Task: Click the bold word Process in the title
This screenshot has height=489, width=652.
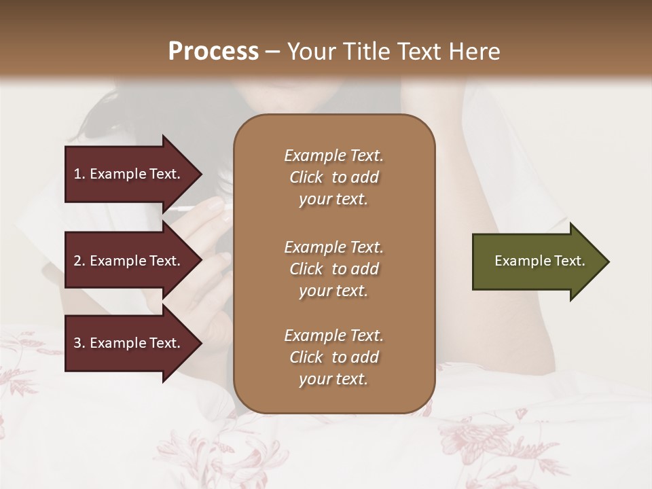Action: (213, 52)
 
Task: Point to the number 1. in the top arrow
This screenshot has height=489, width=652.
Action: (79, 174)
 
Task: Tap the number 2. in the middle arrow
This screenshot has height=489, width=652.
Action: (79, 261)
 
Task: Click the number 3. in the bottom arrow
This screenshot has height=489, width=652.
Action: (79, 343)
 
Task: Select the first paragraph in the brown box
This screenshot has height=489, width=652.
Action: (333, 177)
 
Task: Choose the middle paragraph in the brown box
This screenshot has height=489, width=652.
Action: (333, 269)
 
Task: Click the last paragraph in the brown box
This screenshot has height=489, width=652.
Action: (333, 357)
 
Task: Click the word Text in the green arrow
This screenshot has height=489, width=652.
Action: (570, 261)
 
